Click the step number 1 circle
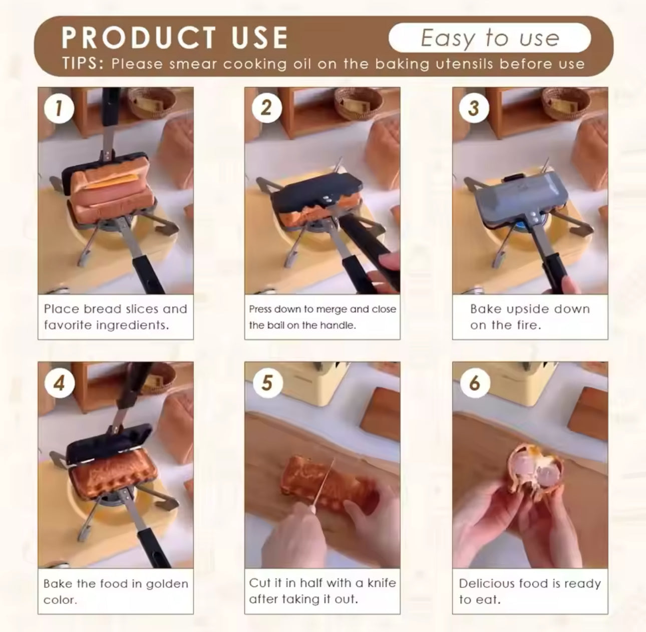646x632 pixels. (x=59, y=108)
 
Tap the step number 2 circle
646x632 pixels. (x=266, y=108)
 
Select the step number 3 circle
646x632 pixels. (x=474, y=108)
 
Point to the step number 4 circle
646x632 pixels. (x=60, y=383)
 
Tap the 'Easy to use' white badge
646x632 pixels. (x=490, y=38)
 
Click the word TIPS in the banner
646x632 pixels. (x=81, y=64)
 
